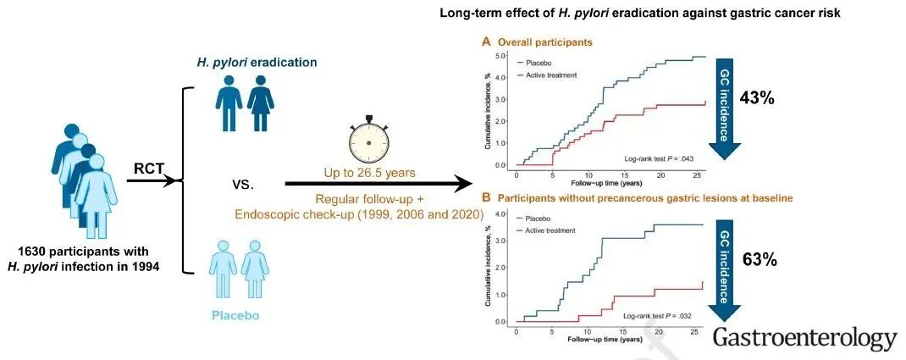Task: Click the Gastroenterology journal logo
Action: [x=804, y=338]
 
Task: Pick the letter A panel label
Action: [x=486, y=41]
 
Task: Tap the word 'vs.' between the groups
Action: [x=245, y=183]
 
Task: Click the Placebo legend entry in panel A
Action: [x=542, y=62]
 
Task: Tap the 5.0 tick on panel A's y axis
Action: [x=504, y=57]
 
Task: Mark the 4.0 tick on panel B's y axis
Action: [x=504, y=213]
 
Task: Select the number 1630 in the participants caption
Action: [x=40, y=252]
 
